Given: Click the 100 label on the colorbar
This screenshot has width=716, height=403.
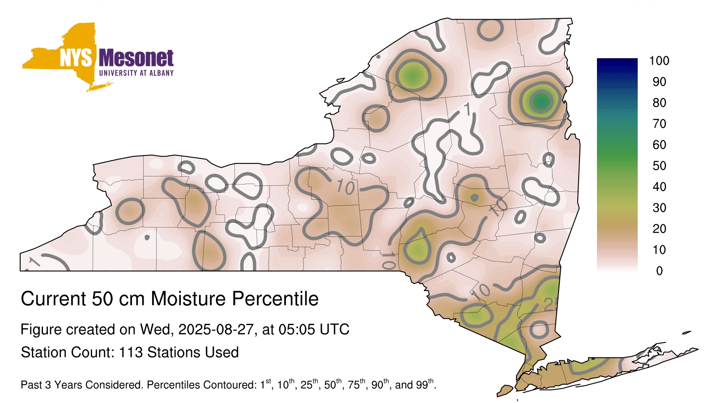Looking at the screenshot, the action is point(659,60).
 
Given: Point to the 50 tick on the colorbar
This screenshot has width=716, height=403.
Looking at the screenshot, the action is point(659,166).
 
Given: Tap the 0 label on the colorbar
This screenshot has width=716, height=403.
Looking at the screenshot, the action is point(660,271).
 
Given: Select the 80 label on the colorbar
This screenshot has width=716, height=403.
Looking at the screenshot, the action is point(659,103).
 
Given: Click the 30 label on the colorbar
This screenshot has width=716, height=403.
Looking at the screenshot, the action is point(659,208).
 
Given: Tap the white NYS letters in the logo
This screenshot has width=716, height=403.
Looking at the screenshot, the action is point(76,58).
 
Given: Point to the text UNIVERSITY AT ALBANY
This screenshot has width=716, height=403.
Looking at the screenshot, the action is point(136,73).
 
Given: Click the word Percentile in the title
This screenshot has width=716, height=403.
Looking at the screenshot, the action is point(275,299).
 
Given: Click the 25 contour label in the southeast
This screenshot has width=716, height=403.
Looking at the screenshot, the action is point(551,305).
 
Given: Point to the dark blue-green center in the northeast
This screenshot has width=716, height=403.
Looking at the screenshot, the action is point(541,102).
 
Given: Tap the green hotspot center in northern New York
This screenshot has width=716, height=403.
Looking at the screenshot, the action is point(413,76).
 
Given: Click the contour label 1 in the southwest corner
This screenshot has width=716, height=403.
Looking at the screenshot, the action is point(34,262).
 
